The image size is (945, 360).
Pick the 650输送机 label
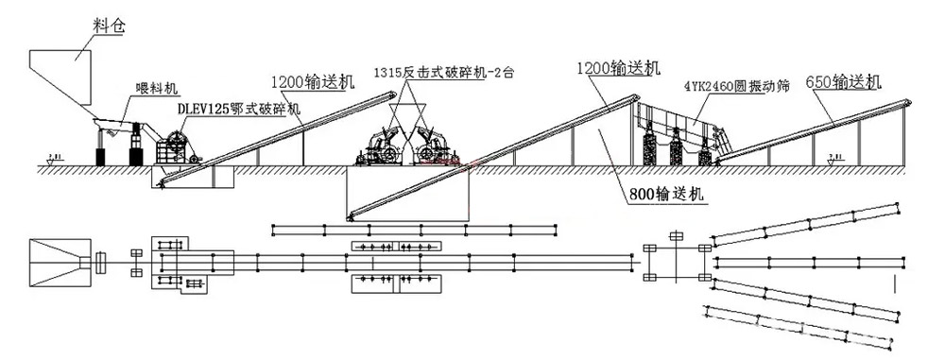pyautogui.click(x=843, y=80)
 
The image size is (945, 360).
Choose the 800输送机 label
pyautogui.click(x=665, y=195)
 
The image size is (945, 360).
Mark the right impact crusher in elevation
pyautogui.click(x=430, y=146)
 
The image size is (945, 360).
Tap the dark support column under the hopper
pyautogui.click(x=101, y=156)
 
